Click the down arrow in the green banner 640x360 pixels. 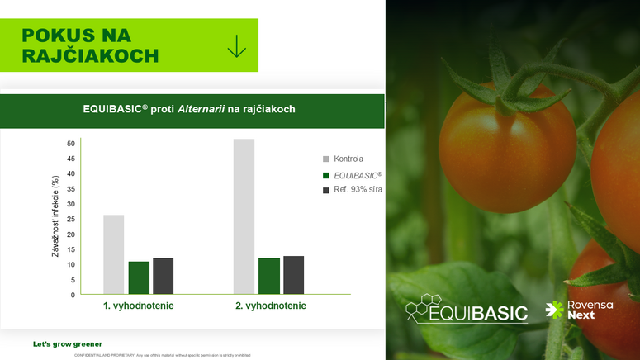[x=237, y=45]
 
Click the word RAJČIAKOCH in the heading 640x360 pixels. [x=90, y=55]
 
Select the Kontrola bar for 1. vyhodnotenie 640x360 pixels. [x=114, y=253]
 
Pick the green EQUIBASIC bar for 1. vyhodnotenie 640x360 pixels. [x=139, y=277]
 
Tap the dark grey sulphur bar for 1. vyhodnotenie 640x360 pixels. [x=163, y=275]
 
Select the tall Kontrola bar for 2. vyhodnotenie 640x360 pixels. [x=244, y=216]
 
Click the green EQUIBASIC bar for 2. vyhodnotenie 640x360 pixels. [x=269, y=275]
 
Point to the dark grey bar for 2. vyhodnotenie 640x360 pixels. [x=293, y=274]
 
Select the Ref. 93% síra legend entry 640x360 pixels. [x=358, y=190]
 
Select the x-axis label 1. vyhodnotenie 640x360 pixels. [x=138, y=306]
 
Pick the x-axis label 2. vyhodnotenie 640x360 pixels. [x=270, y=306]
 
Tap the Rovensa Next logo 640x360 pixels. [x=579, y=310]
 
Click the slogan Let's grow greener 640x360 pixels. [x=68, y=343]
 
